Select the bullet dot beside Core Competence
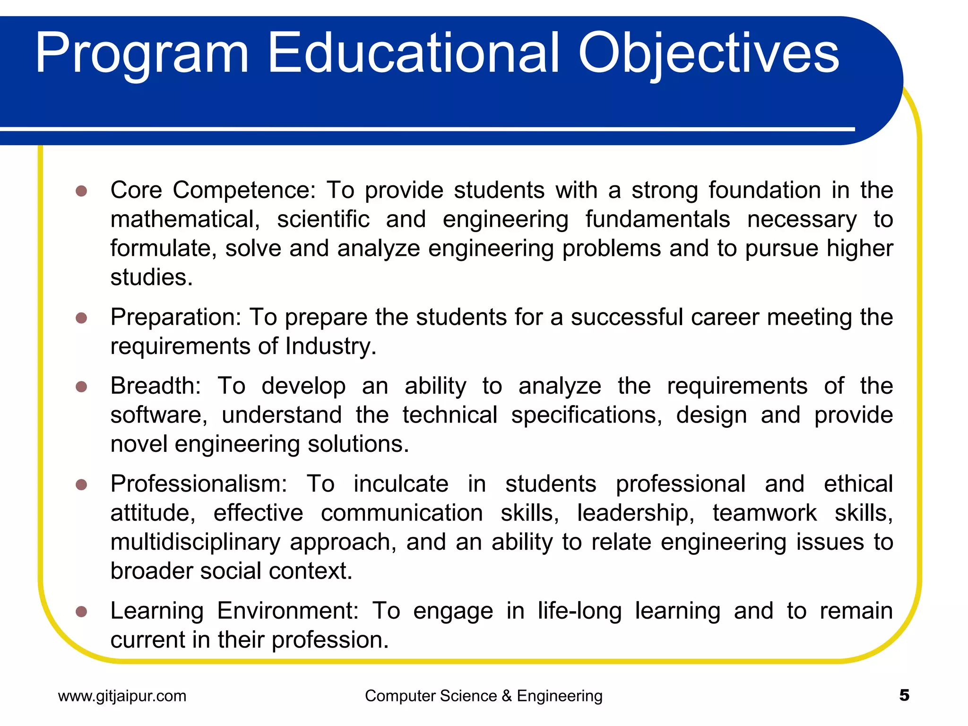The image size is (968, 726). [x=81, y=191]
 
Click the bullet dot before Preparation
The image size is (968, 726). [x=81, y=318]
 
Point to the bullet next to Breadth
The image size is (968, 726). [x=81, y=387]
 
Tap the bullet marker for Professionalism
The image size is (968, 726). [x=81, y=484]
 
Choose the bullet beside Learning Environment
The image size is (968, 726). [x=81, y=612]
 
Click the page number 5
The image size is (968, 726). [x=904, y=695]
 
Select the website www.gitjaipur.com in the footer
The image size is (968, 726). [x=122, y=696]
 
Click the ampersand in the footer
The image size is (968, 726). [x=507, y=696]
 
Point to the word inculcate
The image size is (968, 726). [x=401, y=484]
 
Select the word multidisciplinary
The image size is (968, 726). [x=195, y=542]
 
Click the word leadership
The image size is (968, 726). [x=636, y=513]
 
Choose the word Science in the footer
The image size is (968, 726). [x=468, y=696]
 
